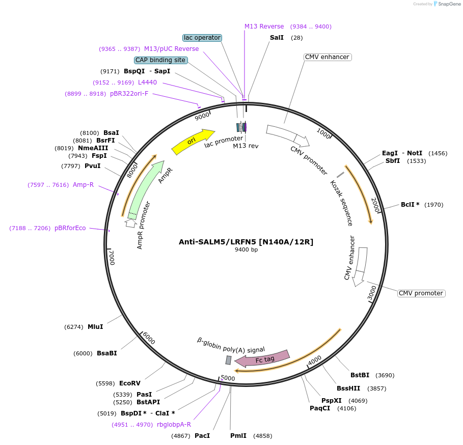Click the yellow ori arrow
tap(193, 142)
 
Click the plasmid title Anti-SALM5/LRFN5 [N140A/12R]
tap(246, 242)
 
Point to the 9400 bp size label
tap(246, 249)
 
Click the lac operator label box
tap(202, 38)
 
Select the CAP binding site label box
tap(160, 60)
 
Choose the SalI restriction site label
tap(277, 38)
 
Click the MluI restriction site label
tap(95, 327)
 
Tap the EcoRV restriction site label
tap(129, 383)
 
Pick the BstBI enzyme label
tap(360, 375)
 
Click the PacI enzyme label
tap(202, 436)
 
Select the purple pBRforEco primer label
tap(70, 228)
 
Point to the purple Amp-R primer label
tap(83, 185)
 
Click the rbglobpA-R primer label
tap(174, 425)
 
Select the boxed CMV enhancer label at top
tap(327, 57)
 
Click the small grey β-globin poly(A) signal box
tap(229, 360)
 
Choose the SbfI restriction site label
tap(393, 161)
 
